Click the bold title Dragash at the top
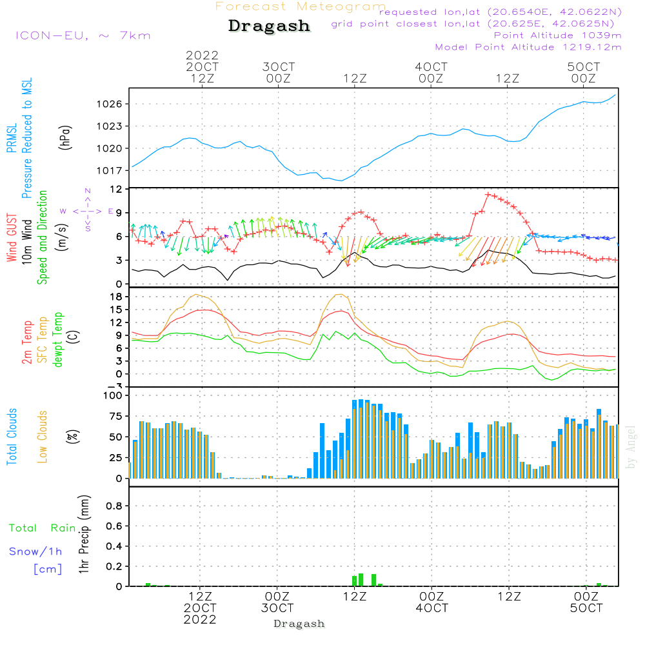click(x=269, y=26)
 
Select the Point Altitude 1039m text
click(x=557, y=35)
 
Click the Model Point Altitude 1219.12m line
click(x=528, y=47)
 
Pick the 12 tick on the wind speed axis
click(x=116, y=189)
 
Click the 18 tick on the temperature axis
click(x=116, y=297)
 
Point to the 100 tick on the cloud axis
click(x=113, y=395)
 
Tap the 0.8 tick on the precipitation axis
click(x=114, y=506)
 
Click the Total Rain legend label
click(x=43, y=528)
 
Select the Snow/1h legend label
click(x=36, y=552)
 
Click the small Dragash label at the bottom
click(x=299, y=624)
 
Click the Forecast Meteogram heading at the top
click(x=301, y=6)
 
